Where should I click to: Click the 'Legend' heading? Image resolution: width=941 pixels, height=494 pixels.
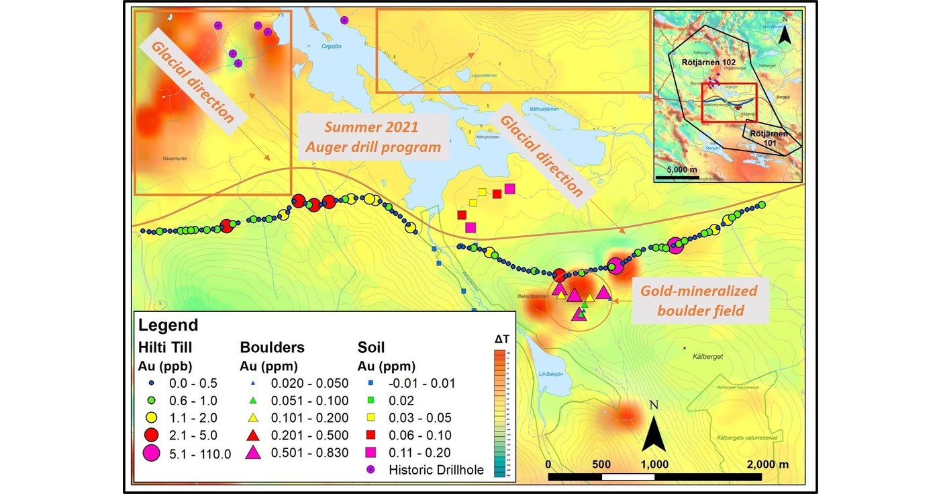pos(168,325)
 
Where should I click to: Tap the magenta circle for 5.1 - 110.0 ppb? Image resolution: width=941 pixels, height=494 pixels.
pos(151,453)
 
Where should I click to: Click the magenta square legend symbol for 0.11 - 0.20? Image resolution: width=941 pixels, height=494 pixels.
pos(370,453)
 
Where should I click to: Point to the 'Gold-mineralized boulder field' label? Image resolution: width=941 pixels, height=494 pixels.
pos(698,301)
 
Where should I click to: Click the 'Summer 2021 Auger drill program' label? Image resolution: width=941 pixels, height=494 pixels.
pos(373,136)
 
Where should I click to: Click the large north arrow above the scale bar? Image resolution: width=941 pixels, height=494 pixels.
pos(654,434)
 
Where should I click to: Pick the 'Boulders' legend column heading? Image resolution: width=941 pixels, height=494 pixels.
pos(272,347)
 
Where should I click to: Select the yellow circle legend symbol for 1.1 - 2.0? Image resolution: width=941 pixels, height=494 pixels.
pos(151,418)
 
